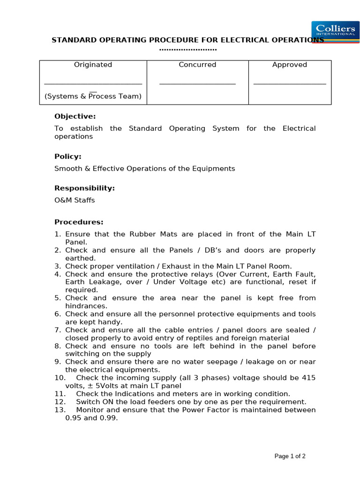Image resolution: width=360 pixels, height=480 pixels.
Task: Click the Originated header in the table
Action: point(93,65)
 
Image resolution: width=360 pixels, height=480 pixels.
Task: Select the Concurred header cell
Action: point(197,65)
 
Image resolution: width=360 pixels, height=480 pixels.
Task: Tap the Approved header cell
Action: point(290,65)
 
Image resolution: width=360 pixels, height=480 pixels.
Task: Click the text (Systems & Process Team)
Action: point(93,96)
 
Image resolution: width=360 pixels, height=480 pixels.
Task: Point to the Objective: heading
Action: point(75,116)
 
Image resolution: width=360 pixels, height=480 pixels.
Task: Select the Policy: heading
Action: point(68,156)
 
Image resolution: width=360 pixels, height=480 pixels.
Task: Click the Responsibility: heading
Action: point(84,188)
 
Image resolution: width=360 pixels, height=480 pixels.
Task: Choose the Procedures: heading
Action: point(79,222)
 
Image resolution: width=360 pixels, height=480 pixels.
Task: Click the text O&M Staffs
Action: point(75,200)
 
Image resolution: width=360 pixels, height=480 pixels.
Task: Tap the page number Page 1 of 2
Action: point(290,456)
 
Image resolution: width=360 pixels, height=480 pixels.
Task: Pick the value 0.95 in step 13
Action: point(73,418)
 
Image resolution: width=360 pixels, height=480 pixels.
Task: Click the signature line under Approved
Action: point(290,84)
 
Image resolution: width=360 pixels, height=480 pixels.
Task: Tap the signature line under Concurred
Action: point(197,84)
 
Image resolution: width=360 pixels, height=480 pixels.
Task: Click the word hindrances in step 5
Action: point(86,306)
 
